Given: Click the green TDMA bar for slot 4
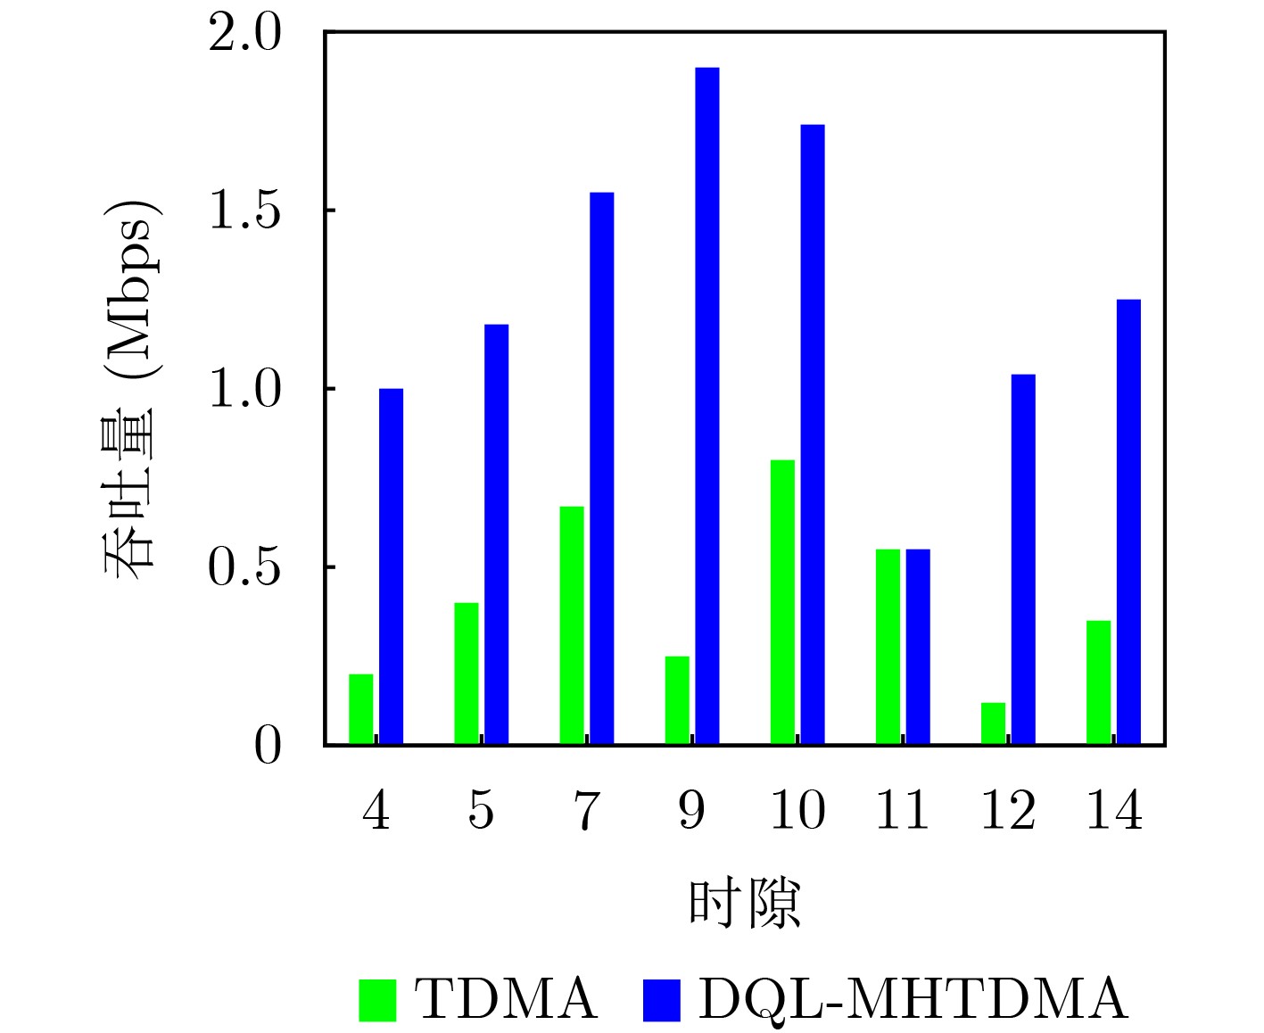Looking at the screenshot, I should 361,709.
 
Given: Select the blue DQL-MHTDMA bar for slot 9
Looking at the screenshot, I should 707,406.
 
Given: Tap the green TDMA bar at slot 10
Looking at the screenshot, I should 782,602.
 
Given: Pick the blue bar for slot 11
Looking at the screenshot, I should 918,647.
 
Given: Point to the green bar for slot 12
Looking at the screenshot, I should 993,723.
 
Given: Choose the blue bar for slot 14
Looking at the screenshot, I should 1128,522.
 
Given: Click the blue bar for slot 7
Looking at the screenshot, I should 601,468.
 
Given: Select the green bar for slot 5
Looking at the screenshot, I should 467,674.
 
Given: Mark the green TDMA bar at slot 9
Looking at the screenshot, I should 677,700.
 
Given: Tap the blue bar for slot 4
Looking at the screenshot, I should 391,566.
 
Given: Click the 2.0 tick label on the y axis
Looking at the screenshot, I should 244,35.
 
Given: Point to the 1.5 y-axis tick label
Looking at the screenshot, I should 244,211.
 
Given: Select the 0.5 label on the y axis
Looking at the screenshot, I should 244,568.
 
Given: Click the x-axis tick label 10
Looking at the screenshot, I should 797,811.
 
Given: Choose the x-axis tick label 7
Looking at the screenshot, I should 585,811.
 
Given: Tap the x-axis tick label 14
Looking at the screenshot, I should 1113,811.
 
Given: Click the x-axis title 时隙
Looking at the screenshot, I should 745,903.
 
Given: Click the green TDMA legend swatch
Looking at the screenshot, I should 377,999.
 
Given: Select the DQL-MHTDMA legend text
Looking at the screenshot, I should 912,999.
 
